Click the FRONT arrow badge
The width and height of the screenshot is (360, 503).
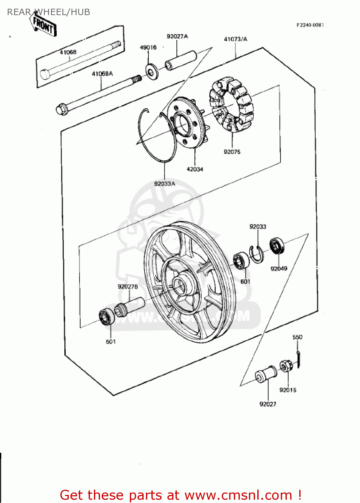[44, 25]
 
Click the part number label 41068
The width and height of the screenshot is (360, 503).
[68, 52]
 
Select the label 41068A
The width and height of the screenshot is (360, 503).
[102, 73]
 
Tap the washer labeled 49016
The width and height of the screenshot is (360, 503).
[152, 72]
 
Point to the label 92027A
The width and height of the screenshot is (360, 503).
[177, 36]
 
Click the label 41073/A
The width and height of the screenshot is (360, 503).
[236, 39]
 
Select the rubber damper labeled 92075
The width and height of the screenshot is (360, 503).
[232, 104]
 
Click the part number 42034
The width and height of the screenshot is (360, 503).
[195, 169]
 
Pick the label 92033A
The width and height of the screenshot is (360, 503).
[164, 184]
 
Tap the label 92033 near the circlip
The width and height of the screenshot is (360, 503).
[258, 227]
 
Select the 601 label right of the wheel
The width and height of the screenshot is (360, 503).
[245, 281]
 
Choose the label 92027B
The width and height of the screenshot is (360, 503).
[128, 286]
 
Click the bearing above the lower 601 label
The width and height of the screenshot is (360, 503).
[107, 317]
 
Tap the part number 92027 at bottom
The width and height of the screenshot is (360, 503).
[268, 404]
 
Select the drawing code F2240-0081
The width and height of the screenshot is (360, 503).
[310, 25]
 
